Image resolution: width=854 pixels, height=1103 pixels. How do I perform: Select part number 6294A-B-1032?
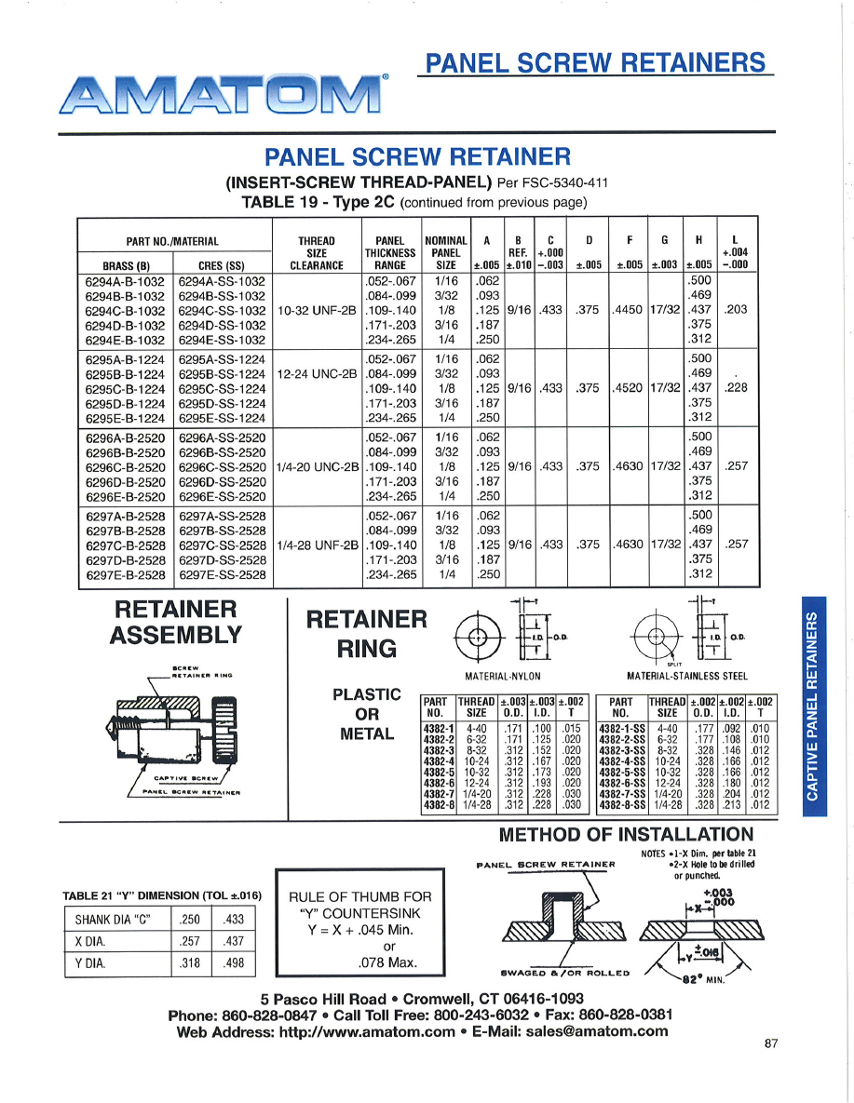(x=125, y=280)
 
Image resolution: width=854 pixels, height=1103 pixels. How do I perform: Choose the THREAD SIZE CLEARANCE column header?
(x=317, y=251)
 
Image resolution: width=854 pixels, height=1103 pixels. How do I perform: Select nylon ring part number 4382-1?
(x=438, y=727)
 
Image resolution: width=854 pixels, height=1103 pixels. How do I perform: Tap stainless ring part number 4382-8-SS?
(x=620, y=805)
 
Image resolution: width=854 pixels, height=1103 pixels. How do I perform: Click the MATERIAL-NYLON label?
(x=503, y=676)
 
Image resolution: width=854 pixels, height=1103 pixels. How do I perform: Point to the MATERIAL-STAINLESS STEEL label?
(x=687, y=676)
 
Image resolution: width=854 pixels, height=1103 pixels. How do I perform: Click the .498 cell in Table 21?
(x=235, y=963)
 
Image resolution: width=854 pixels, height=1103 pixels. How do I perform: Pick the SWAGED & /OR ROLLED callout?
(x=565, y=973)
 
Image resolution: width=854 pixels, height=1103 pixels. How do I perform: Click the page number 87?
(x=770, y=1043)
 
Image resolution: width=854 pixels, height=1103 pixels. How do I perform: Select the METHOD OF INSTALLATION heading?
(x=626, y=834)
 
